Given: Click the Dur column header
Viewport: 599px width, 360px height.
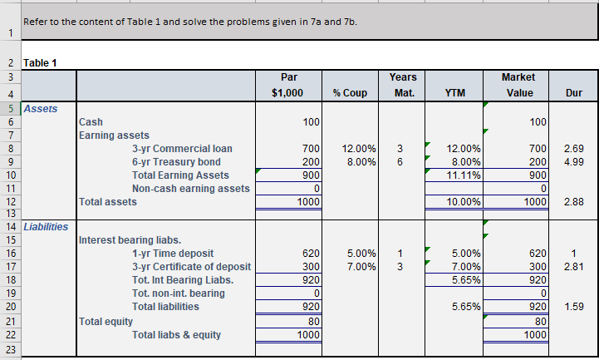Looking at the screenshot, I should pos(572,93).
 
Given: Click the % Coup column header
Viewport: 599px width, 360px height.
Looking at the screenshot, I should pos(350,93).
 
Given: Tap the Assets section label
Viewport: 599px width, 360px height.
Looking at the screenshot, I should pos(41,108).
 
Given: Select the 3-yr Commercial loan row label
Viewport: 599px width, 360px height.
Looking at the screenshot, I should pos(182,149).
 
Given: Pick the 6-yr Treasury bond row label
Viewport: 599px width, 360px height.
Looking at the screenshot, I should pos(176,161).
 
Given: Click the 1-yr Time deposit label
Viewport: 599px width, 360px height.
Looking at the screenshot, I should pos(172,253).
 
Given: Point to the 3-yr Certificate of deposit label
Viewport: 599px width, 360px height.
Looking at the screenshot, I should pos(191,266).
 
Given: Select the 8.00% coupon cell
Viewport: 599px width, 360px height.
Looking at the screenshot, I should pos(361,161).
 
